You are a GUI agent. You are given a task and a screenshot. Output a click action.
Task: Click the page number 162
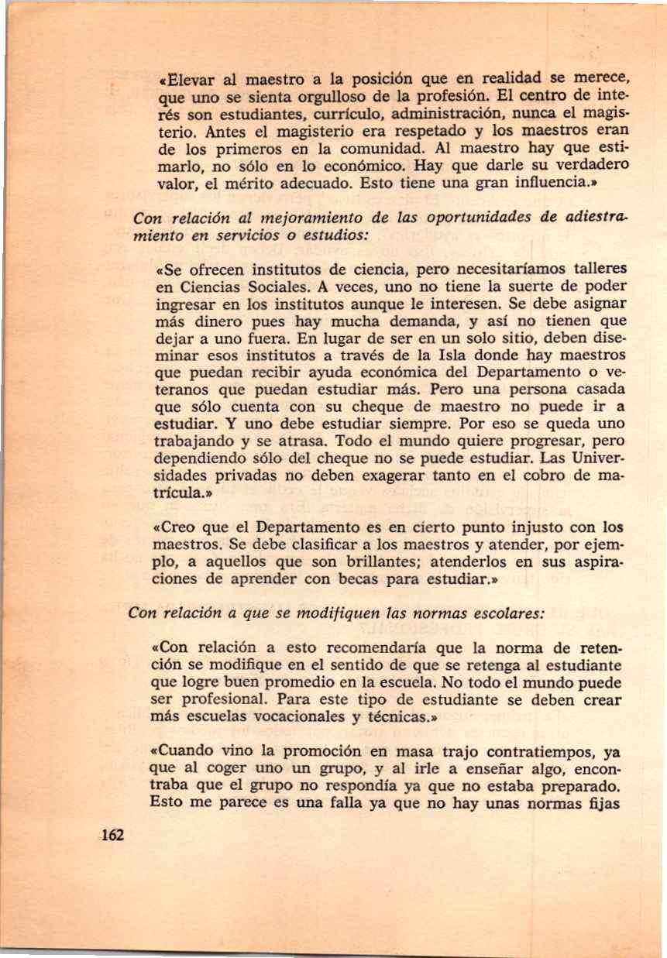coord(112,837)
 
